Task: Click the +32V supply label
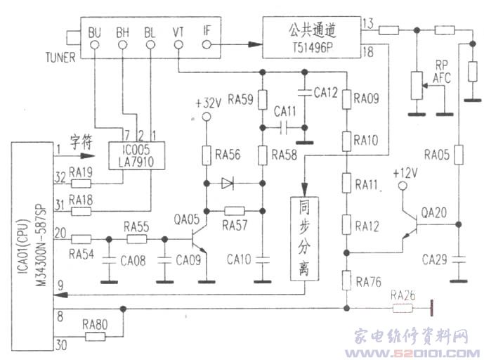208,101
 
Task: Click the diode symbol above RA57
227,184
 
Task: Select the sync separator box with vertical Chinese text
303,237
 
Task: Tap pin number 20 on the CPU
61,232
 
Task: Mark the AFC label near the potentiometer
442,78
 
